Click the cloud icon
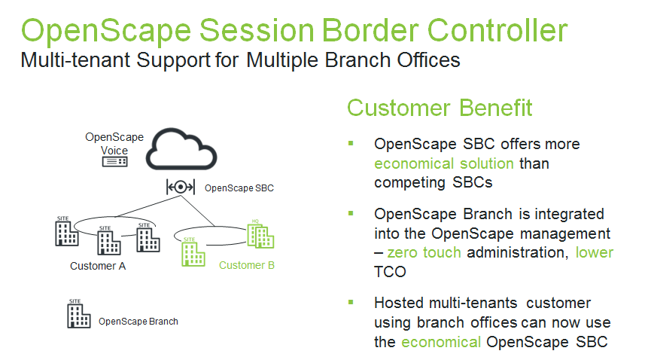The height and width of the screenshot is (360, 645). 181,149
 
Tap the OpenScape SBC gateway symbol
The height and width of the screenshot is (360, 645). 181,188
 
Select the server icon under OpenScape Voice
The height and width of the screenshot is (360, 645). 114,162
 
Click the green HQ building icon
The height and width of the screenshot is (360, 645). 260,234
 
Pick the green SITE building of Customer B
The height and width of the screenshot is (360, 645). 193,252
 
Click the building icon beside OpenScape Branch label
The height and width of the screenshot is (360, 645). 78,314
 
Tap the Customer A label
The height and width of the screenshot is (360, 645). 98,266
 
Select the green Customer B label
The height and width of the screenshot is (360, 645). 247,265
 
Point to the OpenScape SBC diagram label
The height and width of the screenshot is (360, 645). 239,188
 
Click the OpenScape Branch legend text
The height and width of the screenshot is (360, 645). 138,322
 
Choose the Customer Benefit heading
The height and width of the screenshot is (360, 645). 440,108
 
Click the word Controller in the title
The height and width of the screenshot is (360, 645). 497,30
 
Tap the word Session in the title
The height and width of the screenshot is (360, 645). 257,30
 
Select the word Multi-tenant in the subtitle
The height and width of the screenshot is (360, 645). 76,60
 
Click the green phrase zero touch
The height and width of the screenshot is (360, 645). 424,252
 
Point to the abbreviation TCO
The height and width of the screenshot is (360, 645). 390,272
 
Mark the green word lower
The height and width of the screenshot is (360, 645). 595,252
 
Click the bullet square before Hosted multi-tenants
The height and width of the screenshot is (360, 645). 351,303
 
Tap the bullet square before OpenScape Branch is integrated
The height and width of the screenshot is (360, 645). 351,213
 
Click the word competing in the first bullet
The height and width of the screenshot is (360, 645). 409,182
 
